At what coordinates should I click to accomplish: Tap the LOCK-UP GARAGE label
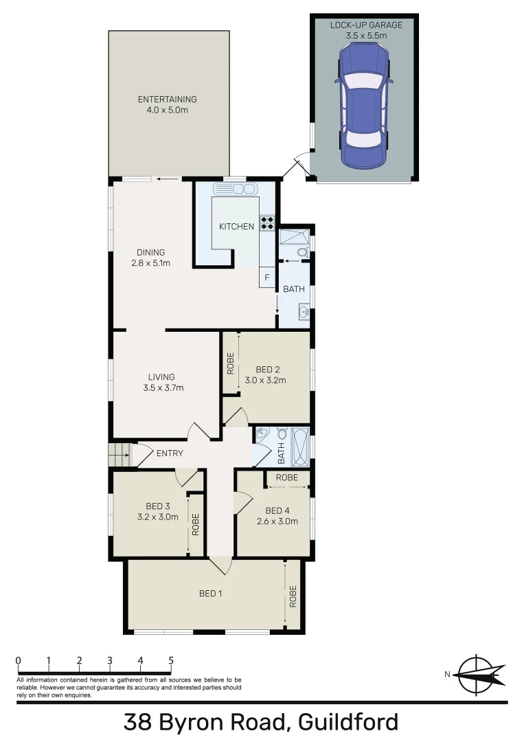pos(366,25)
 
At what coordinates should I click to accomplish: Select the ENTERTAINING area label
pos(168,99)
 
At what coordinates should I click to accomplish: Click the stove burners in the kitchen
pos(267,223)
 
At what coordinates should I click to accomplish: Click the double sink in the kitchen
pos(235,189)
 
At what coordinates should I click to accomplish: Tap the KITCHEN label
pos(236,227)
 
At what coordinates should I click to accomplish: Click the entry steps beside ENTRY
pos(119,453)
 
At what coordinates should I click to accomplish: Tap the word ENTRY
pos(170,453)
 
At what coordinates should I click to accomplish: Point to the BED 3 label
pos(153,506)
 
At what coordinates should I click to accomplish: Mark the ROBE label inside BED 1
pos(293,596)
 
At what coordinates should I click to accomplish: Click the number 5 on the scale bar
pos(170,661)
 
